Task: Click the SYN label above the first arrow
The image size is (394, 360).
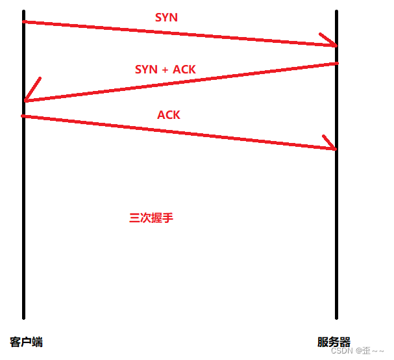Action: (x=166, y=18)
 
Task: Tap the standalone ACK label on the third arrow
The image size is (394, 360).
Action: (x=169, y=115)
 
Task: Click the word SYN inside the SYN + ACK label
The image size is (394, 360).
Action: (x=145, y=69)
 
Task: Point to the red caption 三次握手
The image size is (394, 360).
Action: (x=151, y=218)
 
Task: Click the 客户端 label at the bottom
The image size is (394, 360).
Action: (x=27, y=342)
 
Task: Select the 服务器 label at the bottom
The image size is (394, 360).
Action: (x=334, y=342)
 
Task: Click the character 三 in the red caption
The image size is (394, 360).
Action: (x=135, y=218)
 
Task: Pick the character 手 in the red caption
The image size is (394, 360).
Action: (x=168, y=218)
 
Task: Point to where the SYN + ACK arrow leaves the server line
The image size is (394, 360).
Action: (x=336, y=63)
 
